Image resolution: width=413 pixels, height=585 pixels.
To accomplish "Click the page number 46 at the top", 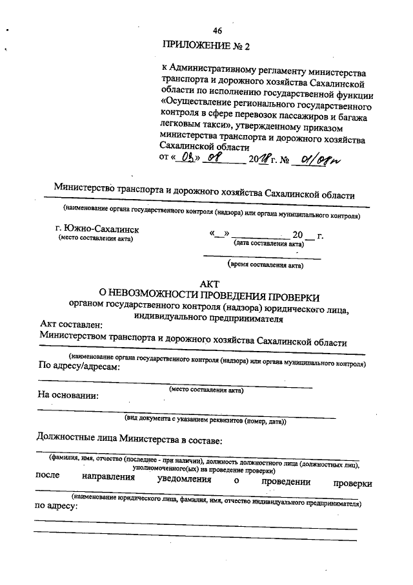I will (217, 30).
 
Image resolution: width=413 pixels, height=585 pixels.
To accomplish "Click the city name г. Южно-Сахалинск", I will (97, 229).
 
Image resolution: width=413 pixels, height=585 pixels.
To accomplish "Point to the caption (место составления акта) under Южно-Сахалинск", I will (96, 239).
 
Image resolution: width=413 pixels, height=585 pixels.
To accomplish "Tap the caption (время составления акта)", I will (265, 264).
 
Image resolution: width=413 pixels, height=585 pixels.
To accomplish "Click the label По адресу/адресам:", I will (80, 367).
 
